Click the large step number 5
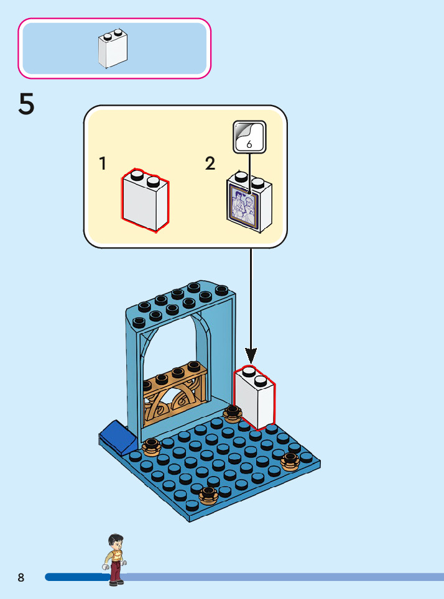click(x=26, y=104)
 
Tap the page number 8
click(x=21, y=577)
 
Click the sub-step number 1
click(x=103, y=163)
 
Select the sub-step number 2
click(x=210, y=163)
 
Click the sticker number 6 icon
click(x=249, y=137)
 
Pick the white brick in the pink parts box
click(x=113, y=48)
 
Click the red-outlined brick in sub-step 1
click(x=146, y=200)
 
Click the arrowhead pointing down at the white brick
click(x=251, y=355)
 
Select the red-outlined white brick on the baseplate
click(x=254, y=397)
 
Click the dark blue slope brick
click(x=118, y=437)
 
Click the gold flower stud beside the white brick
click(x=232, y=414)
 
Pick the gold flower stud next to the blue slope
click(x=151, y=447)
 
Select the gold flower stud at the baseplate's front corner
click(x=208, y=495)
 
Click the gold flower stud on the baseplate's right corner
click(x=290, y=462)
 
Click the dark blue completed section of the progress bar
click(x=76, y=577)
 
